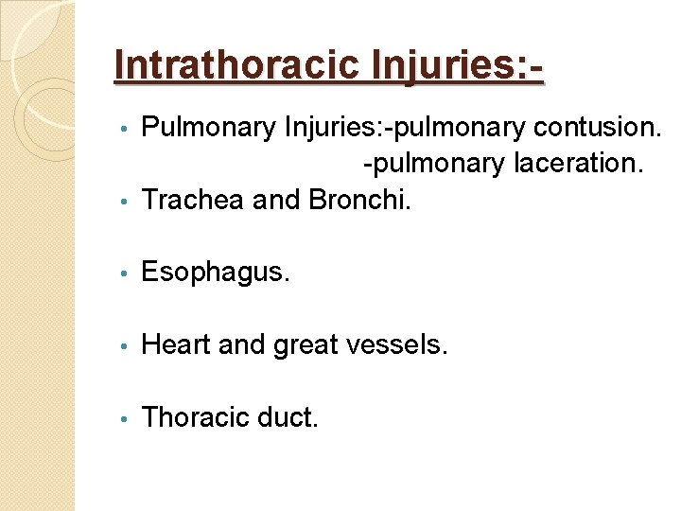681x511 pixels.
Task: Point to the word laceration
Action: tap(579, 163)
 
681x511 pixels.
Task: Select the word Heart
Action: tap(175, 344)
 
